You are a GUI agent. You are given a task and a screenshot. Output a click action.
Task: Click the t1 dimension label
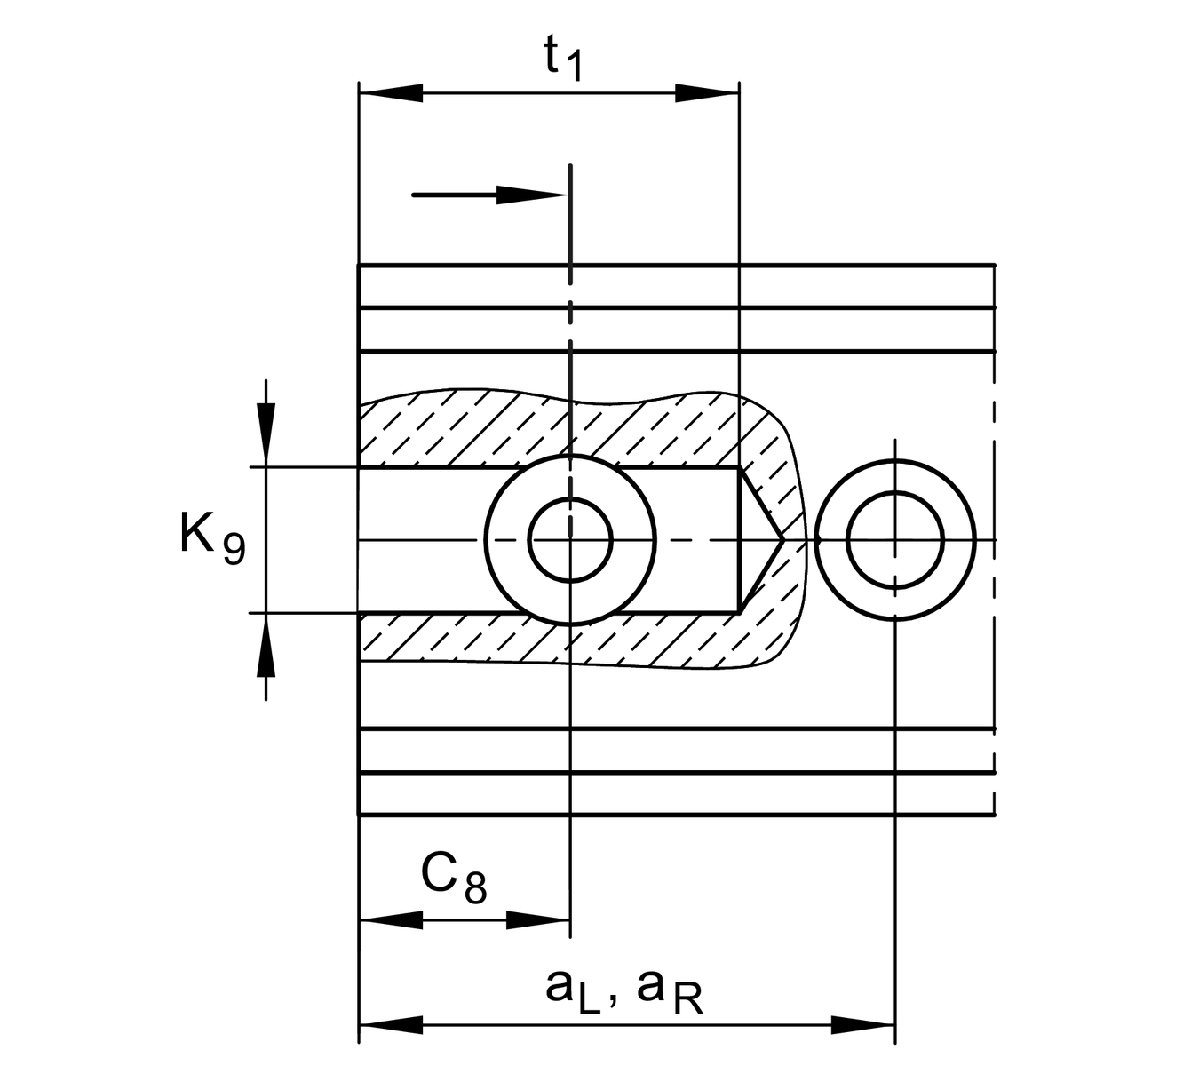[563, 58]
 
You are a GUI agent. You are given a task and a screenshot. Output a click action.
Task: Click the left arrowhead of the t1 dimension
[391, 93]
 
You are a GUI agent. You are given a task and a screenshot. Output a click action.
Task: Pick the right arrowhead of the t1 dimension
[707, 93]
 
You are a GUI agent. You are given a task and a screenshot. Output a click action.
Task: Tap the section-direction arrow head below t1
[532, 195]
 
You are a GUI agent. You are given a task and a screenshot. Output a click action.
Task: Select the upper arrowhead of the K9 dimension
[266, 435]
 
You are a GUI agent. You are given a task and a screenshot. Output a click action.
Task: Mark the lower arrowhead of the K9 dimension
[266, 645]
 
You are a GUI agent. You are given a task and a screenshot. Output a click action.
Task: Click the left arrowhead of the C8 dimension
[391, 920]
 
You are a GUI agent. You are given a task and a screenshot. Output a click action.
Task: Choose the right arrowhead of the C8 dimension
[538, 920]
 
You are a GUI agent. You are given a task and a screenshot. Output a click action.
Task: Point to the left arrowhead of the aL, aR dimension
[391, 1025]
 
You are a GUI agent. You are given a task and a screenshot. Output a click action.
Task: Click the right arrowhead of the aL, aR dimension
[863, 1025]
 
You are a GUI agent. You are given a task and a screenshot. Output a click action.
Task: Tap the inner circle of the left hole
[570, 540]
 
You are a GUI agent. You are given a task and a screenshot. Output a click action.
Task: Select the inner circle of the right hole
[895, 540]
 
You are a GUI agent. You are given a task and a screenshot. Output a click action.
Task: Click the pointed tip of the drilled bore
[784, 540]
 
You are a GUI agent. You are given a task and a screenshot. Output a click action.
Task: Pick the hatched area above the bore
[551, 429]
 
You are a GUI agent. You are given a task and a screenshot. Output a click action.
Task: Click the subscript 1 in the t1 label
[573, 66]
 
